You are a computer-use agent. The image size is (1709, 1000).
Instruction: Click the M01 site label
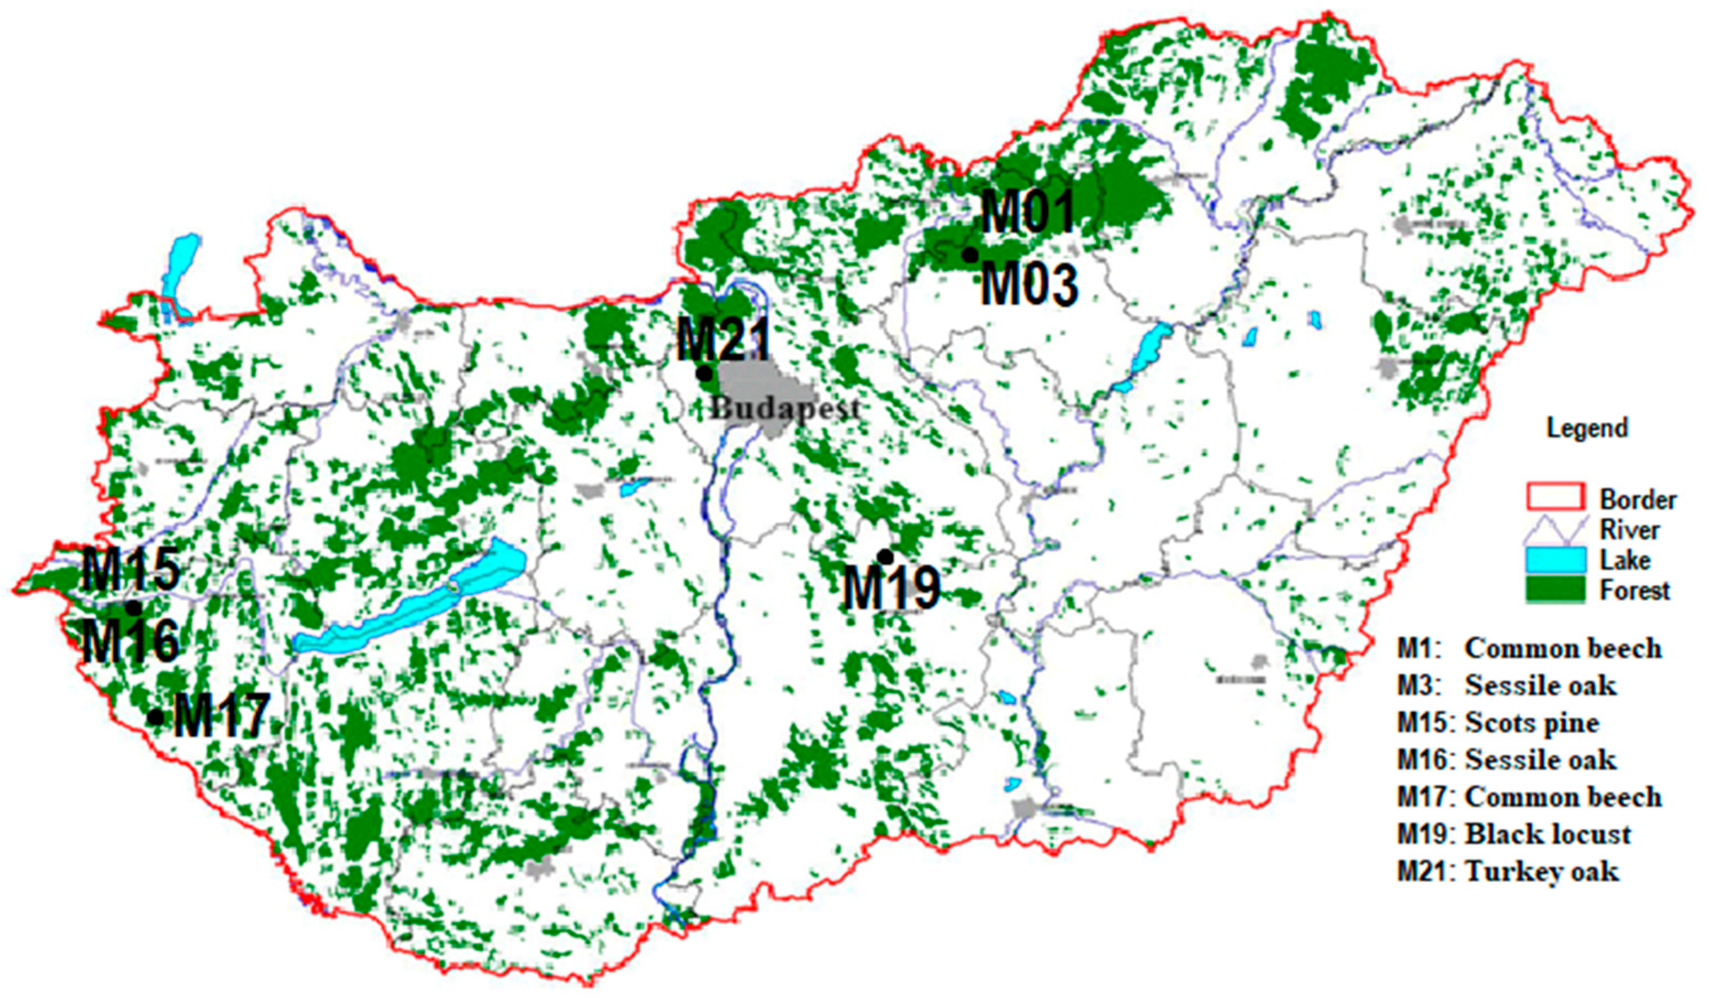[1028, 212]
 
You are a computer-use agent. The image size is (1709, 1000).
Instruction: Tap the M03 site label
[1029, 285]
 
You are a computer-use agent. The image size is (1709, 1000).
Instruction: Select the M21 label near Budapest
[724, 340]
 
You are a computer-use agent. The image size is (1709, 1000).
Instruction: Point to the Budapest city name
[785, 408]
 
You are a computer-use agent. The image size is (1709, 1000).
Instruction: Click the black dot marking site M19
[885, 556]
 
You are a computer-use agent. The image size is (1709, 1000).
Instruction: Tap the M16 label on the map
[132, 642]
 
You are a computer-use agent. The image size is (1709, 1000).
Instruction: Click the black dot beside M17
[156, 716]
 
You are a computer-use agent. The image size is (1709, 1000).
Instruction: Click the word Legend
[1587, 428]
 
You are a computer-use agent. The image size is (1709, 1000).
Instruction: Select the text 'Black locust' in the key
[1548, 834]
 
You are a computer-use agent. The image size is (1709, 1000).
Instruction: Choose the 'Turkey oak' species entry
[1542, 871]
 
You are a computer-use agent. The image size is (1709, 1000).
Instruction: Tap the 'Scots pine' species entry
[1532, 722]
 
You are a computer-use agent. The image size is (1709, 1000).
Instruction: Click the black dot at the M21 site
[704, 373]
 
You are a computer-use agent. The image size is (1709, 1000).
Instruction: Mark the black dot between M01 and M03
[970, 255]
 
